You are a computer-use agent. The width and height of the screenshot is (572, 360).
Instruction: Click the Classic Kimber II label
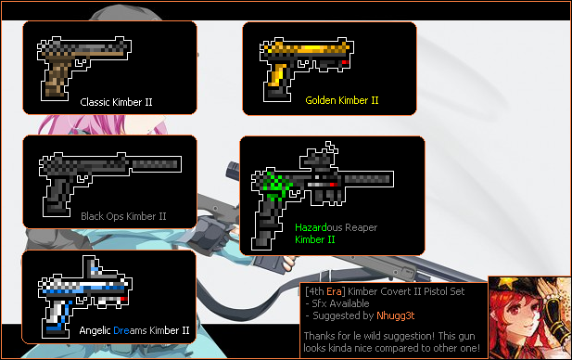[x=116, y=102]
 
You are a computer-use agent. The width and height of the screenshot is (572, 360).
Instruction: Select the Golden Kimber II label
[x=342, y=100]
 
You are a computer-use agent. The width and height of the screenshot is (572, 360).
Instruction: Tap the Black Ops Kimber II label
[x=123, y=216]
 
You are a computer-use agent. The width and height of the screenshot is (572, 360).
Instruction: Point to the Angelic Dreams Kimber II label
[x=134, y=330]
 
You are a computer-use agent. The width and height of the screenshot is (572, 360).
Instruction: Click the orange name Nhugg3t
[x=396, y=315]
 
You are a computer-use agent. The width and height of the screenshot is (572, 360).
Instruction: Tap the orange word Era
[x=334, y=291]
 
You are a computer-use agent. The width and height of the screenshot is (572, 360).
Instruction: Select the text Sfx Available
[x=340, y=303]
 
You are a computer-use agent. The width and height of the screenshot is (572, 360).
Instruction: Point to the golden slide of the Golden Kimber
[x=307, y=48]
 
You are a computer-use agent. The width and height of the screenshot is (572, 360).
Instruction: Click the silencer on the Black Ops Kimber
[x=156, y=164]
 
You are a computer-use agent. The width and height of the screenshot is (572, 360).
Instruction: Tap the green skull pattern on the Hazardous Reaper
[x=277, y=185]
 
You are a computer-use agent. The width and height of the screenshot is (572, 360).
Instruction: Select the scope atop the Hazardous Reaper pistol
[x=319, y=157]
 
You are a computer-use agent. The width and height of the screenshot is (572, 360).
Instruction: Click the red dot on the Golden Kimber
[x=346, y=63]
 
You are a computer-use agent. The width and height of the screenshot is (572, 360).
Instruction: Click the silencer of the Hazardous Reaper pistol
[x=368, y=179]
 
